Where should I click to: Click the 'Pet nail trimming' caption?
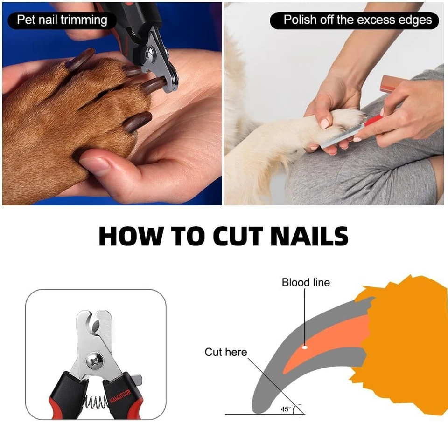coord(62,20)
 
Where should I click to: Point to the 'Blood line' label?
coord(306,282)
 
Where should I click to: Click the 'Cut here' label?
coord(226,352)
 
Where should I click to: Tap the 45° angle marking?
coord(285,409)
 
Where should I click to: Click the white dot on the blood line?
coord(305,347)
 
